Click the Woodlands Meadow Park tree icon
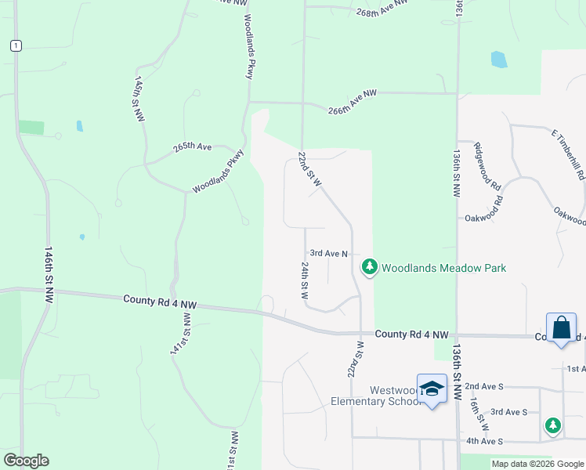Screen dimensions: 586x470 (370, 268)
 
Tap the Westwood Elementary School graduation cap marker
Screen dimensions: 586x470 (432, 389)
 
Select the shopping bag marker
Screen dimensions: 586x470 (562, 327)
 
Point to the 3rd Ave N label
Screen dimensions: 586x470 (328, 254)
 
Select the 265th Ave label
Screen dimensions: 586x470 (193, 146)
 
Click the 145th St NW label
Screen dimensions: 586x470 (139, 98)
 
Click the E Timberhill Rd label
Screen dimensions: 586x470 (569, 156)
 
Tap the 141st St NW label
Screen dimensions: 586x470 (180, 334)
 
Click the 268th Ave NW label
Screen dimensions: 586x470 (382, 8)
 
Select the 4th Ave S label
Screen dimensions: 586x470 (483, 442)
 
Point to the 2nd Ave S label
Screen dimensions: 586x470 (484, 386)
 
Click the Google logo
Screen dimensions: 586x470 (26, 461)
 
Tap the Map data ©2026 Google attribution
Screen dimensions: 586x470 (537, 464)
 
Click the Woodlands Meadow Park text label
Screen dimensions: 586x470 (443, 268)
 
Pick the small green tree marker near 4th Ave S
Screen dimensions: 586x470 (553, 425)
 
